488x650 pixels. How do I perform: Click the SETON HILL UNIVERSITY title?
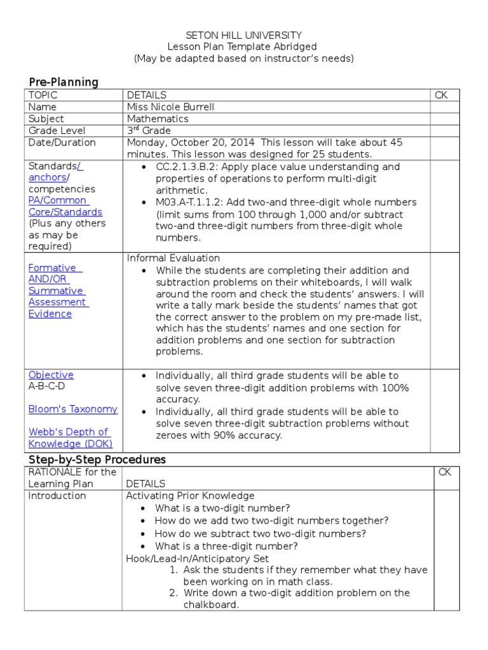pos(243,36)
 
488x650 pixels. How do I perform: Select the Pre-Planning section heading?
pos(64,82)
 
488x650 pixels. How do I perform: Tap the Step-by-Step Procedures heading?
pos(97,459)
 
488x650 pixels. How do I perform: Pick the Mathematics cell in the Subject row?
pos(158,119)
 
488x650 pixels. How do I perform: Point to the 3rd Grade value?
pos(147,131)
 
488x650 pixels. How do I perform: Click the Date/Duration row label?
pos(62,143)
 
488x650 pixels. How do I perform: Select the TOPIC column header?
pos(43,95)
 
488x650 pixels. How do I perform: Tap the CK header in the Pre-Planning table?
pos(441,95)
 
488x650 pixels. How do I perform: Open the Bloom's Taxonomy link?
pos(73,409)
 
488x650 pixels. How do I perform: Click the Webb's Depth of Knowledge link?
pos(68,438)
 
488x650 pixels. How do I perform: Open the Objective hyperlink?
pos(51,375)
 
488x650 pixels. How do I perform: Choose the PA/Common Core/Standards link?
pos(65,206)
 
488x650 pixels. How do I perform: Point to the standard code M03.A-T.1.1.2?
pos(194,202)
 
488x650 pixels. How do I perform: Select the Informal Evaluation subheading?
pos(173,258)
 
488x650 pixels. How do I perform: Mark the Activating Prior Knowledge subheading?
pos(190,496)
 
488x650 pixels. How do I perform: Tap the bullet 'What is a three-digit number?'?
pos(226,546)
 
